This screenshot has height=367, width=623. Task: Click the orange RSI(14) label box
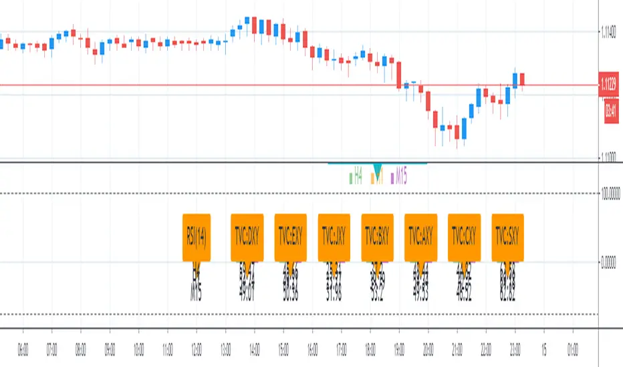196,237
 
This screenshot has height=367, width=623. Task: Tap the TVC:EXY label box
291,237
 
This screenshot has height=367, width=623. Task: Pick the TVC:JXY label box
334,237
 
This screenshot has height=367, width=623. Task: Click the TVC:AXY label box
421,237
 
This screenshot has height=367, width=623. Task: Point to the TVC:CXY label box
464,237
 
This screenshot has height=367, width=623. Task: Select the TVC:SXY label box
507,237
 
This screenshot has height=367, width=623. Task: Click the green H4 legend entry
356,177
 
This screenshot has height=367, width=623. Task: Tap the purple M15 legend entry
400,177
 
